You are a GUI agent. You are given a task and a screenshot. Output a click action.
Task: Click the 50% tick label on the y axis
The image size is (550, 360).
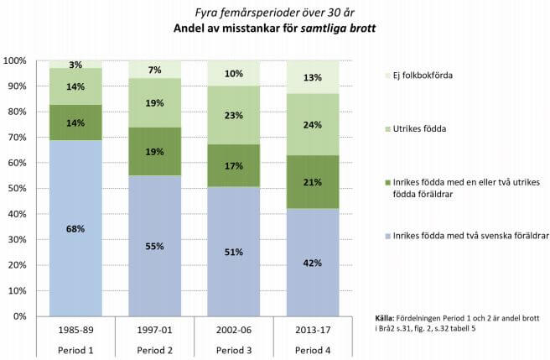tap(17, 189)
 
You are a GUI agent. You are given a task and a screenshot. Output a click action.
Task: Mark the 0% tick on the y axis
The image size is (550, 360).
tap(19, 316)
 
